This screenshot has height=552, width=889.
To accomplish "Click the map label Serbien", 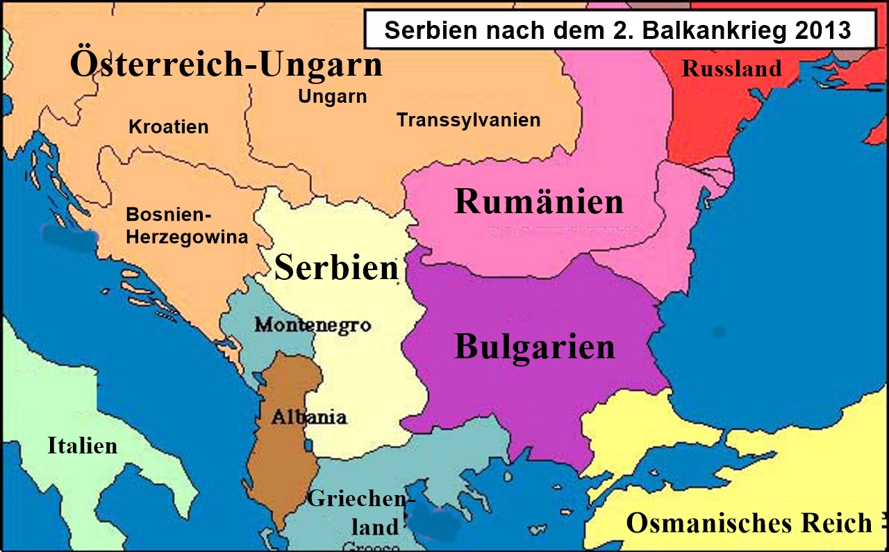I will [336, 268].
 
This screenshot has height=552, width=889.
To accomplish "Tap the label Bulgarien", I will [535, 346].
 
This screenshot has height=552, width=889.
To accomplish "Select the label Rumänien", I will [539, 202].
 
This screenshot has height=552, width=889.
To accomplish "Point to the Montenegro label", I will [313, 324].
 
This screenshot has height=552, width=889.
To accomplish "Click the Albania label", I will [309, 417].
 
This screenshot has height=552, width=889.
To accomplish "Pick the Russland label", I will [731, 68].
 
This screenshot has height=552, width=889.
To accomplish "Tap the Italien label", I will [82, 445].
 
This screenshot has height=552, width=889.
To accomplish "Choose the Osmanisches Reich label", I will [749, 522].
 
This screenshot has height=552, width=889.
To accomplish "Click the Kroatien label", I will [169, 127].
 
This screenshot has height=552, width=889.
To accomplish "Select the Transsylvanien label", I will [468, 119].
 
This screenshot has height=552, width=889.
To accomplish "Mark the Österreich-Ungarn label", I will [226, 65].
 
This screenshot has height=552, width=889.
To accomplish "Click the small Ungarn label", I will [332, 97].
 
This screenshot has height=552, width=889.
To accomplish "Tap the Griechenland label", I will [362, 512].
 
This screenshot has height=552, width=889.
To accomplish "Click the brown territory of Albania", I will [278, 458].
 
